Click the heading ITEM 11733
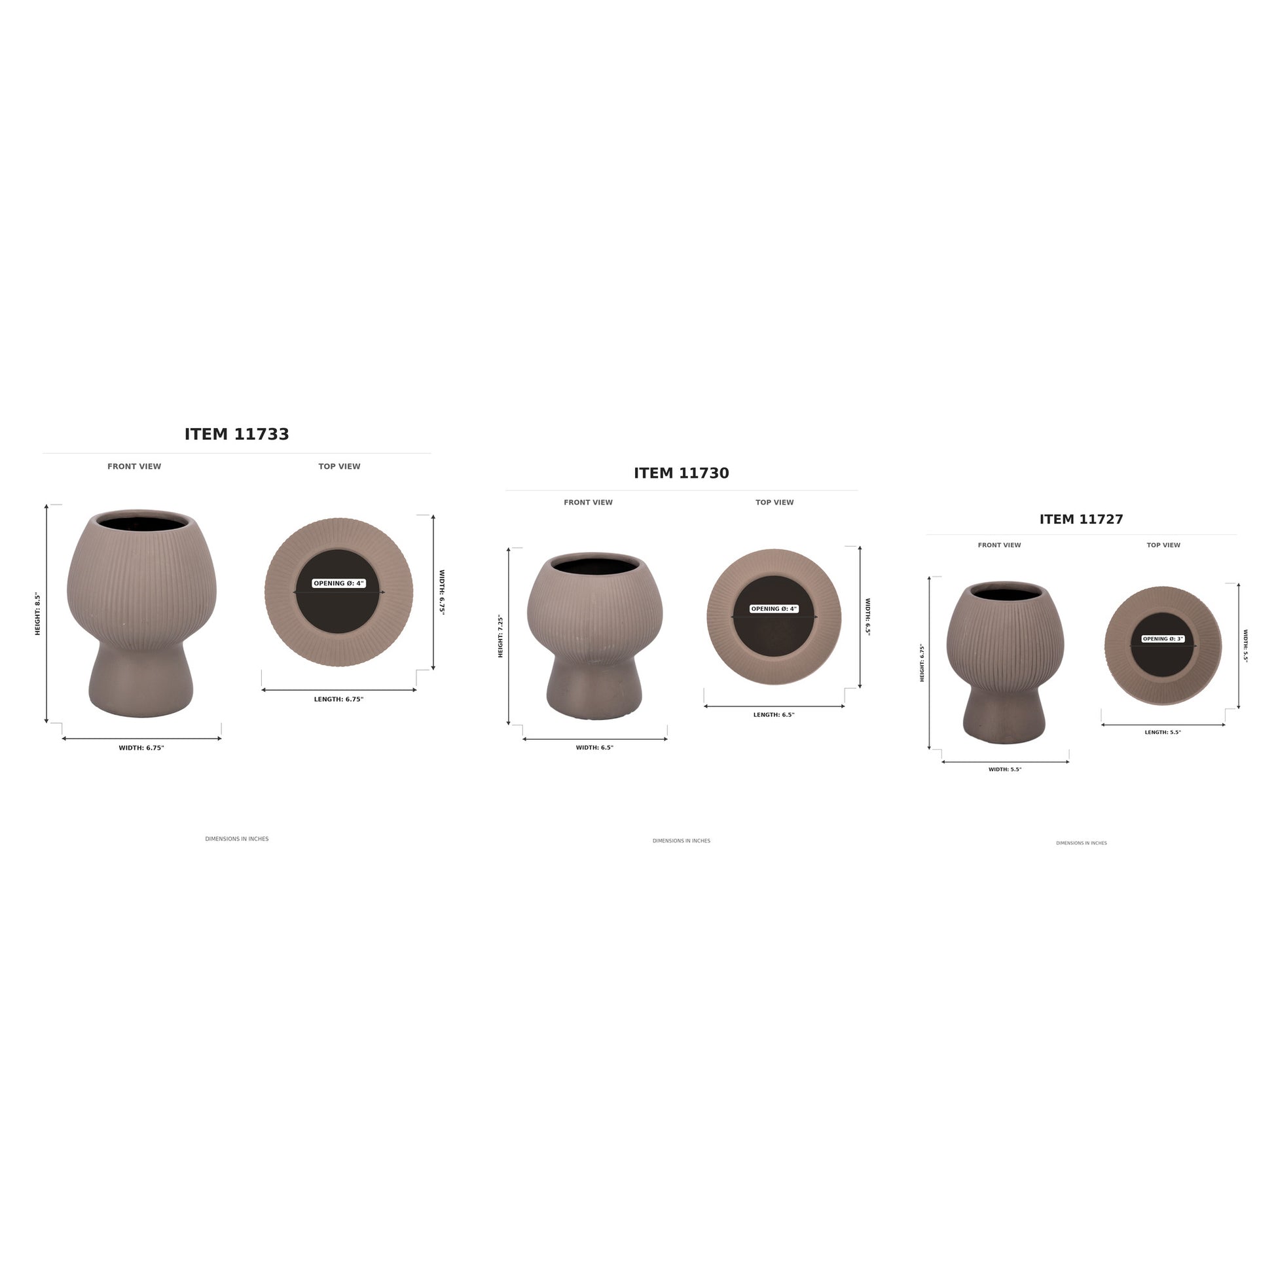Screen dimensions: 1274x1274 pos(237,435)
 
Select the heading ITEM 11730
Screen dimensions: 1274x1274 pos(681,473)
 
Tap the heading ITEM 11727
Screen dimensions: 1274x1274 pos(1082,520)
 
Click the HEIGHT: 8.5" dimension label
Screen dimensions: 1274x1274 pos(37,614)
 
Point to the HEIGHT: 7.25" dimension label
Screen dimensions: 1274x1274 pos(500,636)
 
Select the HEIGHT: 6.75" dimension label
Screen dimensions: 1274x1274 pos(922,663)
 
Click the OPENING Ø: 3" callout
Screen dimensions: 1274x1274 pos(1163,639)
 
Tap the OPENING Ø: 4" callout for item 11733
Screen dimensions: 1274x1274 pos(339,583)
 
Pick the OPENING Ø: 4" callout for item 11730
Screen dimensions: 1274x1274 pos(774,610)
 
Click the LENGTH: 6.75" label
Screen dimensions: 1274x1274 pos(339,699)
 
